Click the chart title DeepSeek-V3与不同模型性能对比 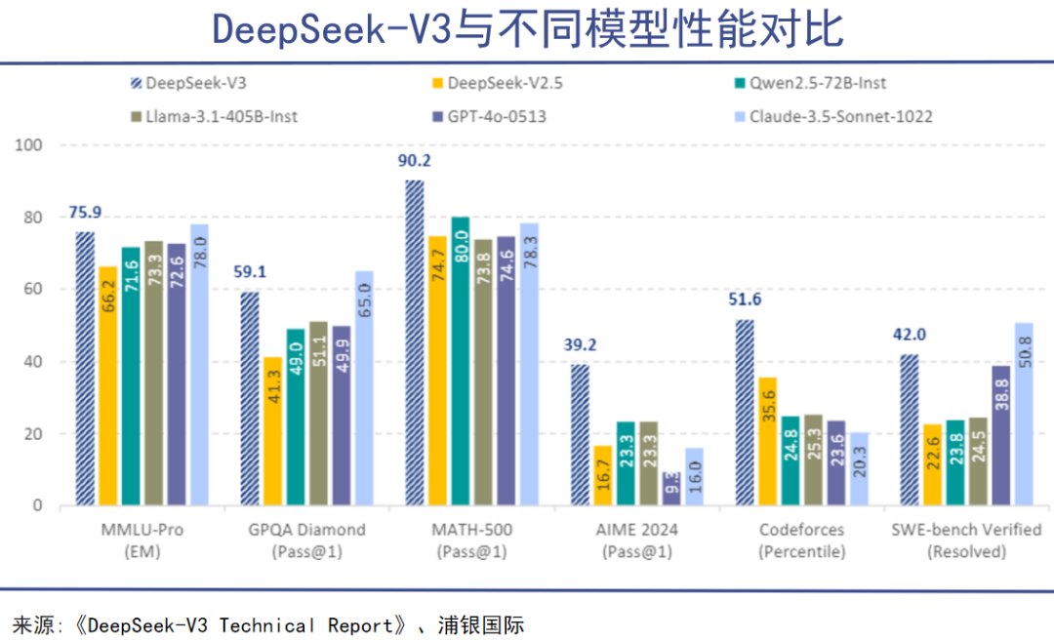pos(527,29)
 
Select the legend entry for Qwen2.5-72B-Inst pos(810,83)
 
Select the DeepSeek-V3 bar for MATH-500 pos(415,342)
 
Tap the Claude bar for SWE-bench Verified pos(1024,414)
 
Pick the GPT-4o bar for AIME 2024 pos(669,489)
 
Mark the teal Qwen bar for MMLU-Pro pos(131,376)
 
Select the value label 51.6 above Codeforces pos(743,300)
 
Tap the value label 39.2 pos(579,344)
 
